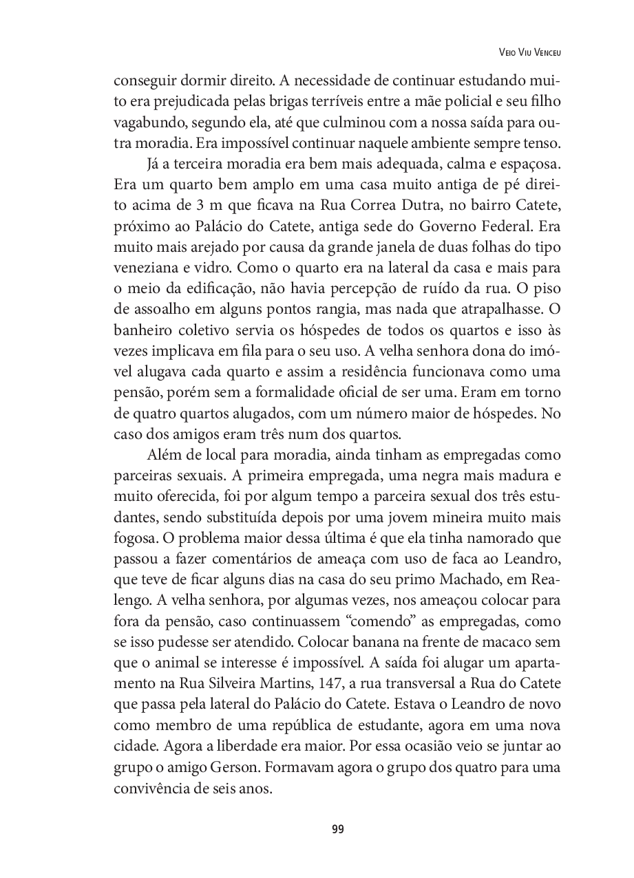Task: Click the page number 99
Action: point(337,829)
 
